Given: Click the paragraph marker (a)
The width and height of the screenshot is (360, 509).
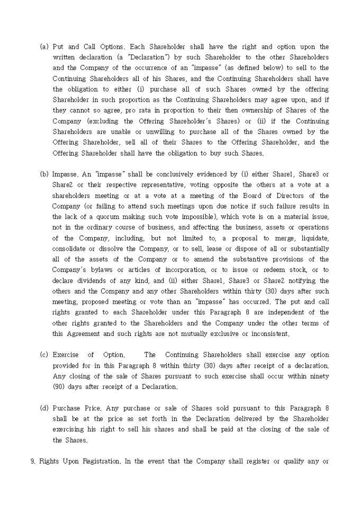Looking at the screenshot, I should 44,47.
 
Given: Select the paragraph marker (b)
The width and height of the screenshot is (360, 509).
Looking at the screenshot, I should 44,174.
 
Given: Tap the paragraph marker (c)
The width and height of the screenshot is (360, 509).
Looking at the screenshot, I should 44,355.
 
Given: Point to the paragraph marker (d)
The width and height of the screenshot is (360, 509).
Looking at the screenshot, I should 44,408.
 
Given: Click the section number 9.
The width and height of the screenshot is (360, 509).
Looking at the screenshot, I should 33,461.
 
